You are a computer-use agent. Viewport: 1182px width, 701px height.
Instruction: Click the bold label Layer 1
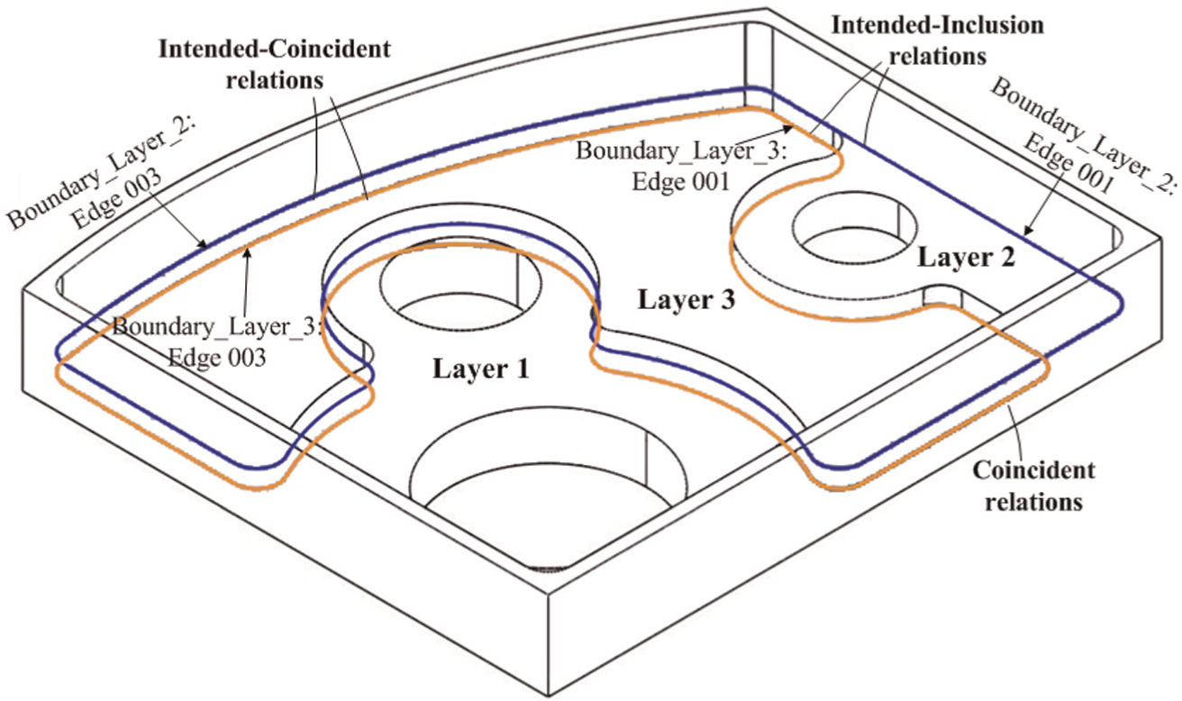tap(481, 369)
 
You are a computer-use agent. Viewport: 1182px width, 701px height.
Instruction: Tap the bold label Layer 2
tap(967, 258)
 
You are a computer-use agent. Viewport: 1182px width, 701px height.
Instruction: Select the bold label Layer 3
tap(686, 300)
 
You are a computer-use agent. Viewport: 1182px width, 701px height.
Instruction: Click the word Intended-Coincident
tap(275, 49)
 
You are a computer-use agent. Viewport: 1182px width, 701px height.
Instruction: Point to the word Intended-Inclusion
tap(938, 25)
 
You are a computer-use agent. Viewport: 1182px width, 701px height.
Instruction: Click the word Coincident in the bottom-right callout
tap(1033, 470)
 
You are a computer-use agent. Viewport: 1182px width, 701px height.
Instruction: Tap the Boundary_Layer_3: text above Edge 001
tap(681, 151)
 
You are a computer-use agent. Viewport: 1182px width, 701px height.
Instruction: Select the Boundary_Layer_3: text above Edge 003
tap(217, 327)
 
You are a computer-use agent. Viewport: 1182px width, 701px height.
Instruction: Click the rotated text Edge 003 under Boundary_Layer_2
tap(117, 199)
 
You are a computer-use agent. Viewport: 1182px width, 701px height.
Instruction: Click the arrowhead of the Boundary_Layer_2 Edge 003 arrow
tap(204, 244)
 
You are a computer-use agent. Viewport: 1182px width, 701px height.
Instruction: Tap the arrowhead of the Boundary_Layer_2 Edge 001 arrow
tap(1027, 230)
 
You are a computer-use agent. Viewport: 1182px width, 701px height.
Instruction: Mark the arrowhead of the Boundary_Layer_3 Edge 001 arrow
tap(788, 128)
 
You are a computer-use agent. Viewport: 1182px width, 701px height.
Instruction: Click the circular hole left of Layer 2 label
tap(855, 228)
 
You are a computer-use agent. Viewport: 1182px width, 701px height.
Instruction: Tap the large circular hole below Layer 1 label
tap(549, 465)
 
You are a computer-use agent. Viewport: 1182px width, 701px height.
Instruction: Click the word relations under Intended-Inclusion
tap(938, 57)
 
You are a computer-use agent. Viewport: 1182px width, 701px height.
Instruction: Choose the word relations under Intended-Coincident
tap(275, 80)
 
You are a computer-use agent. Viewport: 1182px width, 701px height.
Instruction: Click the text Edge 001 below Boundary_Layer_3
tap(681, 182)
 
